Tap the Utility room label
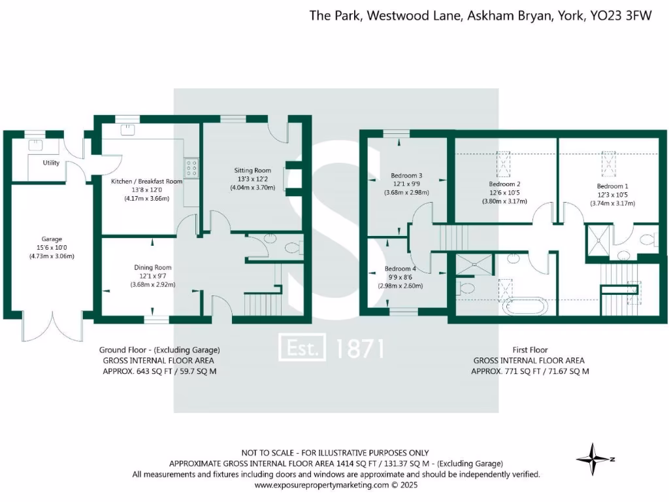click(x=51, y=163)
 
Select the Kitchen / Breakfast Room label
click(x=146, y=181)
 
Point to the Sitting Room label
click(x=252, y=170)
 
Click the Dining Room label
click(x=153, y=267)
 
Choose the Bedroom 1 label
click(x=612, y=185)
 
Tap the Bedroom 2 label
click(x=504, y=184)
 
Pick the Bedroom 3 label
click(x=406, y=175)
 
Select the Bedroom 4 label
click(x=400, y=269)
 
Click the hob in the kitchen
click(x=192, y=168)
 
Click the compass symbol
click(x=593, y=458)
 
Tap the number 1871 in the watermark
click(x=359, y=348)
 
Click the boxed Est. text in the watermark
click(x=302, y=348)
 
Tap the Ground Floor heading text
click(x=159, y=349)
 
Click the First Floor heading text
click(x=529, y=350)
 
